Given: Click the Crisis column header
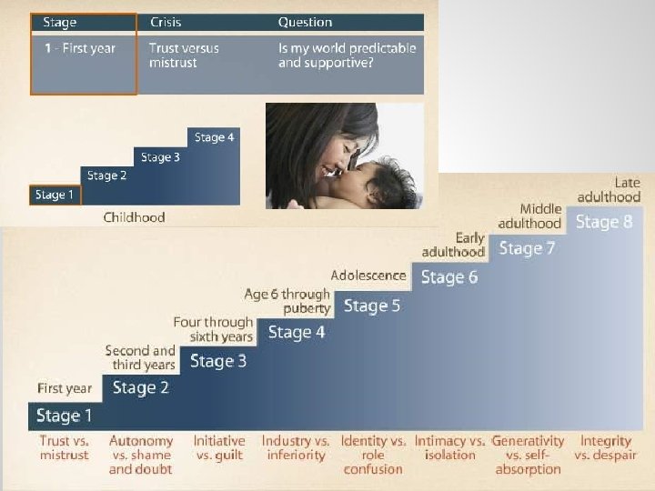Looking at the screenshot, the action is coord(165,22).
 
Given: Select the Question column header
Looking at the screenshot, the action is coord(305,22).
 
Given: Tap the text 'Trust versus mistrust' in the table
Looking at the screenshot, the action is coord(184,55).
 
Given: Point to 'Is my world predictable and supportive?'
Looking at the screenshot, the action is coord(347,55).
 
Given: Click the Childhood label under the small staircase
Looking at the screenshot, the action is coord(135,217).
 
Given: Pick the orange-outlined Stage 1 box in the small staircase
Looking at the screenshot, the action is coord(55,195).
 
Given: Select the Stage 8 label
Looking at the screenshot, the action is coord(604,222).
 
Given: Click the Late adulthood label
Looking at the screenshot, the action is coord(609,190).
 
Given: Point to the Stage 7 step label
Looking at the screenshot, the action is coord(527,248).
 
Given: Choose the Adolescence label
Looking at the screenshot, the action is coord(368,275).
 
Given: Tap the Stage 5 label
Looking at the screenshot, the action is coord(371,306).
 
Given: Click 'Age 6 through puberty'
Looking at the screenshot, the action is coord(287,301).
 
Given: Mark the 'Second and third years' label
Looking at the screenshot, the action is coord(140,357).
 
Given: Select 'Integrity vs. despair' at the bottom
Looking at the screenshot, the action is coord(606,447).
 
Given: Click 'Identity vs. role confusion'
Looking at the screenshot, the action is coord(373,455).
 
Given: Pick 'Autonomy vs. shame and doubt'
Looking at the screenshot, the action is coord(140,455).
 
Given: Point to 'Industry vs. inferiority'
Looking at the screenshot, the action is coord(296,447).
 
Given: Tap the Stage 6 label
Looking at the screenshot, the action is coord(448,277).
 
